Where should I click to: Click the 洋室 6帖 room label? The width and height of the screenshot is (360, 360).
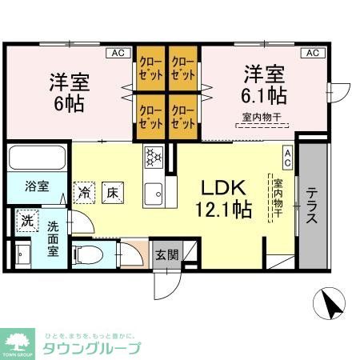pos(68,93)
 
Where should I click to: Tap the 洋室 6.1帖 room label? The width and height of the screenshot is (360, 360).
pos(266,82)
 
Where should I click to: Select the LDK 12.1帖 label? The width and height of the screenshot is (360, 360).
pos(226,198)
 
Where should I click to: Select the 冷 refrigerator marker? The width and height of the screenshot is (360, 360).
pos(84,192)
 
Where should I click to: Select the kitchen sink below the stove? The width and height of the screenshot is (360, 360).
pos(153,193)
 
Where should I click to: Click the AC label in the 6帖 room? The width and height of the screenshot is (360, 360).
pos(118,54)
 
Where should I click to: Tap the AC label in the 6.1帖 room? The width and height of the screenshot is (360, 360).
pos(311,54)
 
